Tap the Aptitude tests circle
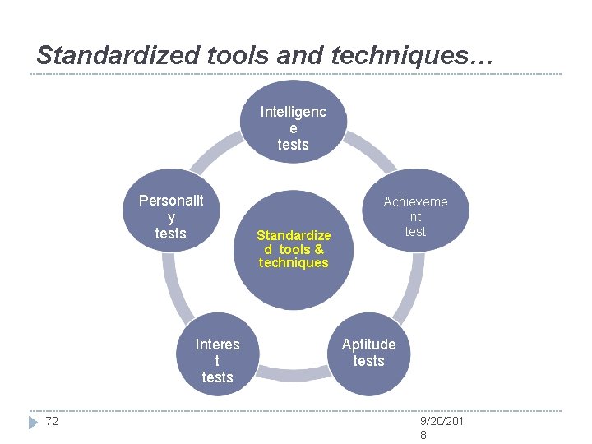(369, 353)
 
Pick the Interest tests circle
(217, 359)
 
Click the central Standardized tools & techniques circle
(294, 247)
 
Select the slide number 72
(52, 422)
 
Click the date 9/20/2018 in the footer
(442, 428)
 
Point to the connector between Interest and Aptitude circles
(294, 375)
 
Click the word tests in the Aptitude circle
(369, 361)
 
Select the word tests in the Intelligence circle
(294, 145)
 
